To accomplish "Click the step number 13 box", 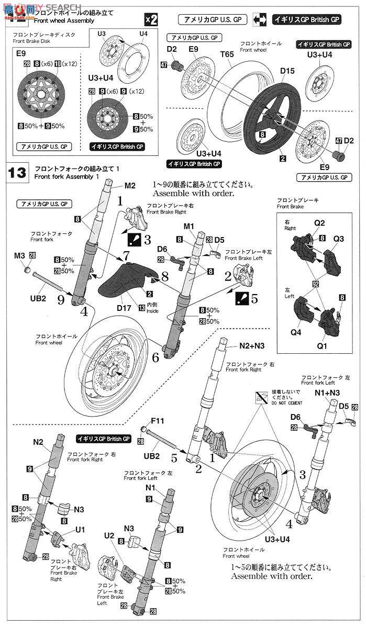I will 17,172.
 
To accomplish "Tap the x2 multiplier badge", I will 150,20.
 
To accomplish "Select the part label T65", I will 227,54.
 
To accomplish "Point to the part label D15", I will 287,71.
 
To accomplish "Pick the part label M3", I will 19,255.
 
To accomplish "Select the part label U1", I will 80,530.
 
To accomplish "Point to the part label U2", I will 109,535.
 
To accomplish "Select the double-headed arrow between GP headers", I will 260,20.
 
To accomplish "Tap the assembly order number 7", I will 126,256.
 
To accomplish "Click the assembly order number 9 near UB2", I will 61,300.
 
